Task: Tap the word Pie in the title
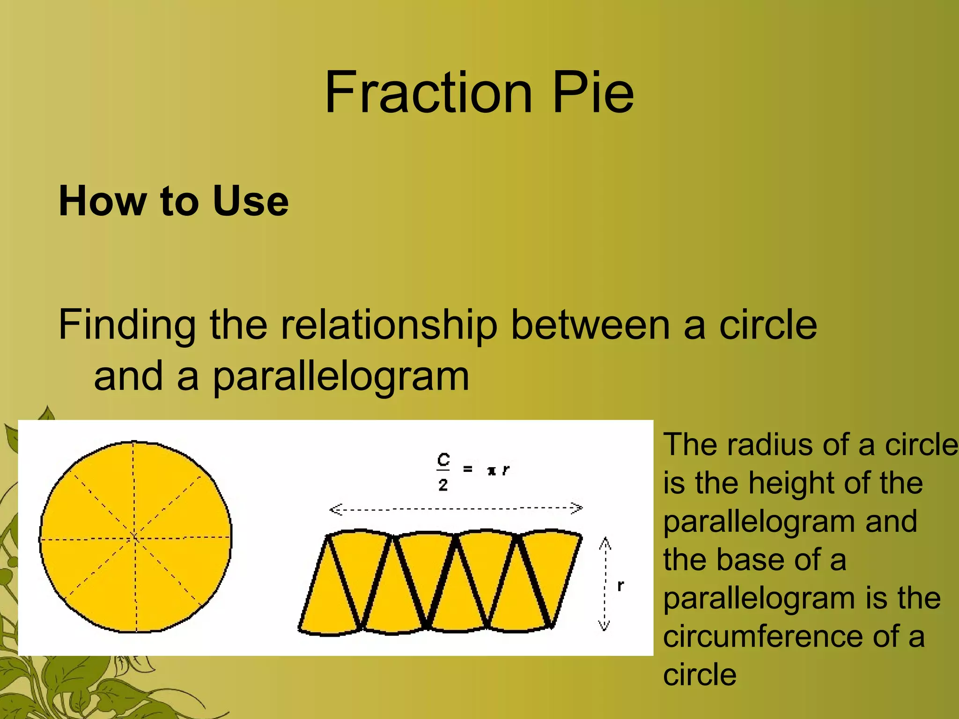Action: (x=593, y=92)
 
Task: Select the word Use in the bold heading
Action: (x=251, y=201)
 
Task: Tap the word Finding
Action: (x=127, y=326)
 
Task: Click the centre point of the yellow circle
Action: (x=135, y=537)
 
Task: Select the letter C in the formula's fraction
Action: (x=443, y=460)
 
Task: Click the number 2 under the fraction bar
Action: (x=443, y=485)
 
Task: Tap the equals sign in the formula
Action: (x=467, y=469)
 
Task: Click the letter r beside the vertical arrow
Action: (x=620, y=586)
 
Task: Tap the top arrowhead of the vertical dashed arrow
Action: (x=605, y=543)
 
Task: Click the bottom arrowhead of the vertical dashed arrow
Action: (x=604, y=625)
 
